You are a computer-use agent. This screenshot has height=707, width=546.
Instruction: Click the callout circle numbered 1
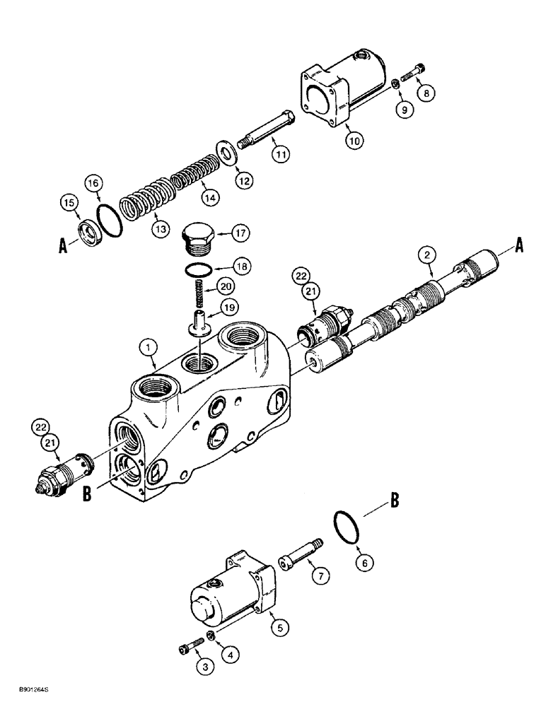coord(148,347)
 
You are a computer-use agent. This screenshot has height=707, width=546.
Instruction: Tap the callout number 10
coord(353,141)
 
